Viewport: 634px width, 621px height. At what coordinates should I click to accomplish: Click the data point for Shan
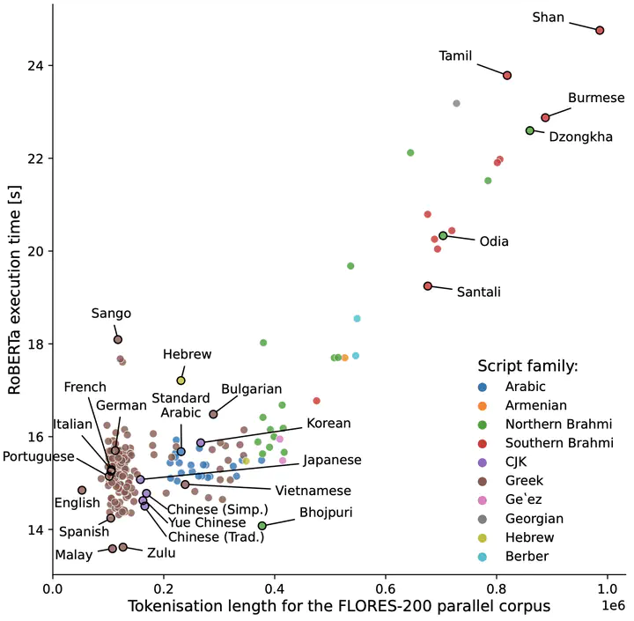click(600, 30)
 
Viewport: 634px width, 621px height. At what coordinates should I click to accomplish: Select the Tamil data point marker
click(507, 75)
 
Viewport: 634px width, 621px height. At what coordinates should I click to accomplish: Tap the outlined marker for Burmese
click(545, 118)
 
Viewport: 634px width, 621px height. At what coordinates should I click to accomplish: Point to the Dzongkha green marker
click(530, 130)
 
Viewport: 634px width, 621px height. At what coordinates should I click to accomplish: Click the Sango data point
click(118, 339)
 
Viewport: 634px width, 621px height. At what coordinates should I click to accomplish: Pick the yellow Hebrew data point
click(181, 381)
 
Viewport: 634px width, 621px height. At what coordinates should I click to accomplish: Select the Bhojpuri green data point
click(262, 526)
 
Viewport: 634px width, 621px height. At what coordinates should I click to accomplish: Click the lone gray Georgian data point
click(456, 104)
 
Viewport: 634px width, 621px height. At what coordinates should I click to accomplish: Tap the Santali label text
click(479, 292)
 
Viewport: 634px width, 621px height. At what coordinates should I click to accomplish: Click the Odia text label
click(494, 241)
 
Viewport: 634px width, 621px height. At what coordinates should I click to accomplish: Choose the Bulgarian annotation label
click(252, 389)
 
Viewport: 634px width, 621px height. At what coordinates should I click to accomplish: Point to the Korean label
click(328, 423)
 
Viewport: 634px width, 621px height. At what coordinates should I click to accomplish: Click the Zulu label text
click(161, 553)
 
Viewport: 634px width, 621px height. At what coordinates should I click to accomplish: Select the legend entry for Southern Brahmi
click(545, 443)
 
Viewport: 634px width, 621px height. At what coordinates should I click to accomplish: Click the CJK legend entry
click(502, 462)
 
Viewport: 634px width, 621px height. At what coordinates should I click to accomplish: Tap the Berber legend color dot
click(482, 557)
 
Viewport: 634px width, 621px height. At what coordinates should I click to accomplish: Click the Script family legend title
click(528, 366)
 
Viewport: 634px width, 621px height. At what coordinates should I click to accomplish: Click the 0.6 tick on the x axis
click(386, 588)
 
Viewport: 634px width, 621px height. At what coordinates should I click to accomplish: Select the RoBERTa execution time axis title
click(15, 290)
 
